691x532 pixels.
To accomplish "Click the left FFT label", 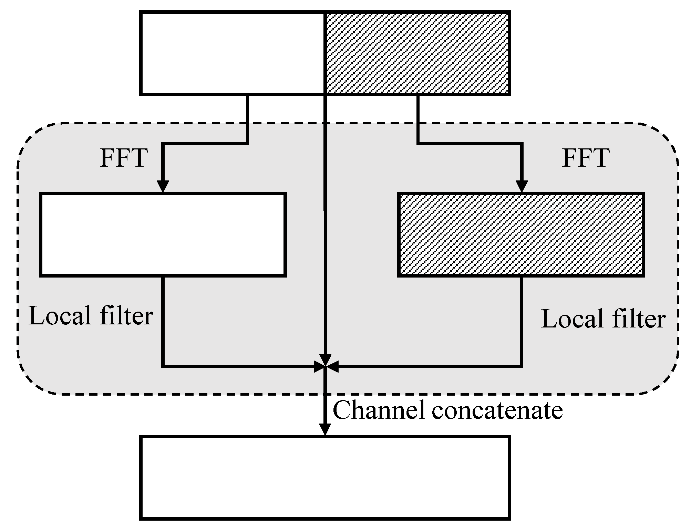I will point(124,158).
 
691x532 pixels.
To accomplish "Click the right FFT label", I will point(586,158).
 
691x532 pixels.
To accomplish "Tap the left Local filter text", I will point(91,315).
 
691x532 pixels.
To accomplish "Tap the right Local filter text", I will point(603,319).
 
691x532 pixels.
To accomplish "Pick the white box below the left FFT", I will point(163,234).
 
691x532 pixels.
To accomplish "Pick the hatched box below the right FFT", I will point(521,234).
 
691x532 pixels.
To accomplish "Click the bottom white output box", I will point(324,477).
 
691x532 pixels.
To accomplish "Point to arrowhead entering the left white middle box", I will point(163,186).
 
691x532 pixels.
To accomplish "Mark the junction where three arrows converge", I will point(325,366).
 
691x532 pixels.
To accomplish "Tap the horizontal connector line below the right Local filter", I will point(431,366).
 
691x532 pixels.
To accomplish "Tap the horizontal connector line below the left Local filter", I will point(238,366).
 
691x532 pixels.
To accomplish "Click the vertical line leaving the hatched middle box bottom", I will point(522,320).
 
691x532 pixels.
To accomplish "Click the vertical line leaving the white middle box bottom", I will point(163,320).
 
